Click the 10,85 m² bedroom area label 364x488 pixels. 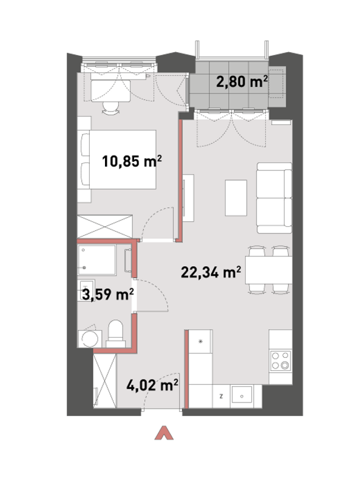tap(132, 161)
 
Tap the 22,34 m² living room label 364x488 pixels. tap(211, 272)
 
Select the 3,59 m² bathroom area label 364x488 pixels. tap(108, 294)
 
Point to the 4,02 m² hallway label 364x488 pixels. tap(152, 385)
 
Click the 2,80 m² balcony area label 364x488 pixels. tap(242, 82)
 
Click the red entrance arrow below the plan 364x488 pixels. tap(164, 433)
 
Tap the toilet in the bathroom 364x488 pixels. tap(115, 334)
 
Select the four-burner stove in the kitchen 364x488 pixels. tap(280, 361)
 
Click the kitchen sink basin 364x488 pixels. tap(241, 396)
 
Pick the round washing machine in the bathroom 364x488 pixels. tap(90, 338)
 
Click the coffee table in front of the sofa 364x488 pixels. tap(236, 198)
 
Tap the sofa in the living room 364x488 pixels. tap(274, 198)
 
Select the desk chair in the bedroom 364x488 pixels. tap(110, 108)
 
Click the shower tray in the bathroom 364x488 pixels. tap(97, 260)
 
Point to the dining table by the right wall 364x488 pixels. tap(268, 270)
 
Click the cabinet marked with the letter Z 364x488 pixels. tap(221, 396)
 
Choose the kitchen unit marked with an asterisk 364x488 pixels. tap(201, 341)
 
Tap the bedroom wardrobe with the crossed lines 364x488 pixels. tap(104, 227)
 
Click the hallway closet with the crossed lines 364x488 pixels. tap(105, 380)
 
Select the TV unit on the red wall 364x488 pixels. tap(189, 198)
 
